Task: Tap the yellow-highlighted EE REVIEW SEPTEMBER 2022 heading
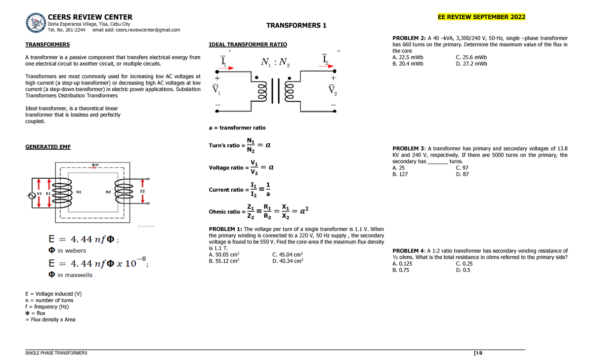pos(481,18)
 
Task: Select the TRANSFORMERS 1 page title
pos(296,25)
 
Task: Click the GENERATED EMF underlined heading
pos(48,147)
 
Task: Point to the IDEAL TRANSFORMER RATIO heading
pos(248,44)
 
